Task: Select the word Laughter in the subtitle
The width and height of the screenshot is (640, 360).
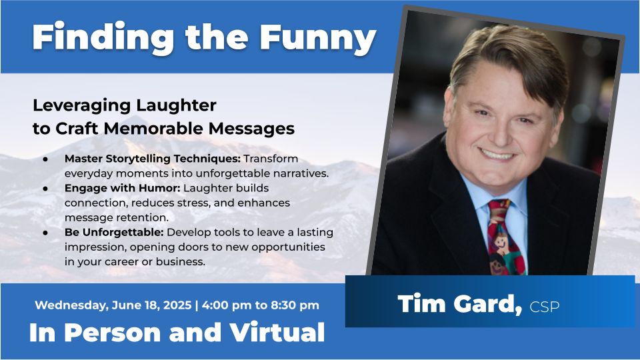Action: (x=176, y=106)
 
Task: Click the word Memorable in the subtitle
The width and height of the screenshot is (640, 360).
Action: (x=153, y=129)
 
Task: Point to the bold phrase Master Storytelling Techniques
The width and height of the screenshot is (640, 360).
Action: (x=153, y=159)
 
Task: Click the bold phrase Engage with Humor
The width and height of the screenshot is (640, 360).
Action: (x=123, y=188)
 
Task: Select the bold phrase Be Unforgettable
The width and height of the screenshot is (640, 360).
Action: (x=114, y=232)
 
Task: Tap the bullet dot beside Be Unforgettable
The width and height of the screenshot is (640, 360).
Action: (x=45, y=233)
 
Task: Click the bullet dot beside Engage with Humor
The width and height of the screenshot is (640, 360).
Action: (x=45, y=189)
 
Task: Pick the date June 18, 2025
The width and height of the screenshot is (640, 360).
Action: (x=151, y=305)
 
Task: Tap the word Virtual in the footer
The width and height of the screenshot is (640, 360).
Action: (x=277, y=332)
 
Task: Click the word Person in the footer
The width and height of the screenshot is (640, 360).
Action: (x=113, y=332)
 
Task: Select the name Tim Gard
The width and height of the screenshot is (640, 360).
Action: (x=460, y=304)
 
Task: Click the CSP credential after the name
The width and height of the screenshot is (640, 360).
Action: (x=545, y=307)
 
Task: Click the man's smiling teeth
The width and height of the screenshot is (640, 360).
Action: (x=497, y=155)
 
